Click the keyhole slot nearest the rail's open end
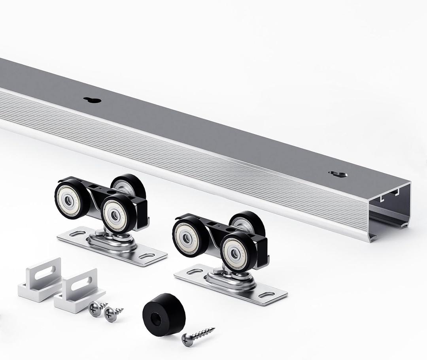[x=338, y=174]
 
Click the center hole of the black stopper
[x=157, y=319]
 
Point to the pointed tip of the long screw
[x=214, y=328]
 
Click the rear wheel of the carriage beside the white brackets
[x=128, y=186]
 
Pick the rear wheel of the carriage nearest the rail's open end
[x=247, y=223]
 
